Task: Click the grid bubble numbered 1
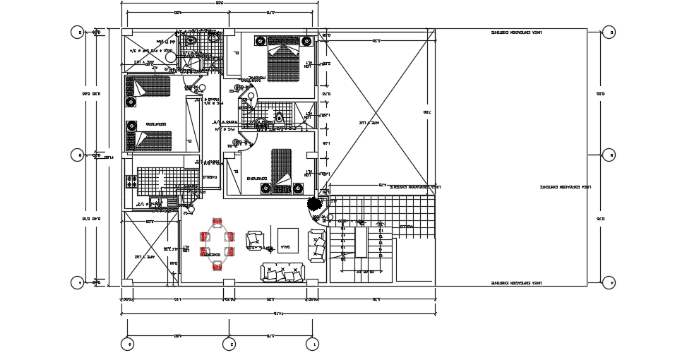point(312,344)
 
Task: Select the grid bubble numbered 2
point(229,344)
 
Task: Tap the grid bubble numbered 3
point(127,344)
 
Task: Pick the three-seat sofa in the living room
point(282,272)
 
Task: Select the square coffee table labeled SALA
point(287,240)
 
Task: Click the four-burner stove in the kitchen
point(131,183)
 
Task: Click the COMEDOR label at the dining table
point(213,255)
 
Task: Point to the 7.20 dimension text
point(426,112)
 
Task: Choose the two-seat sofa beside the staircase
point(318,245)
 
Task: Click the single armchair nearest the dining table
point(253,240)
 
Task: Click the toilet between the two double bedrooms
point(280,117)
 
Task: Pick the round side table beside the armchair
point(268,248)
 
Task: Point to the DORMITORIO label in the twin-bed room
point(157,125)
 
